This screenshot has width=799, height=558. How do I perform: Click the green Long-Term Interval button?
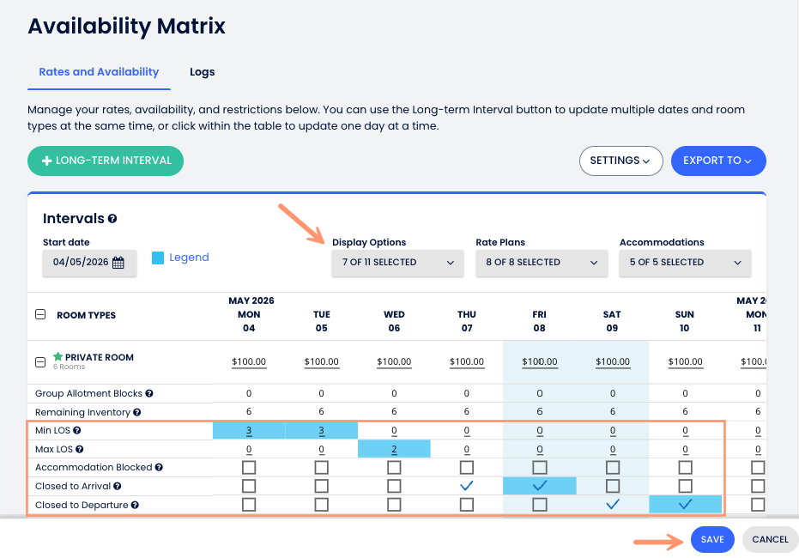pos(106,161)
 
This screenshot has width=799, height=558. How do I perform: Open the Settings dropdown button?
pos(620,161)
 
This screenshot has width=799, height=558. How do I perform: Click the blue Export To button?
pos(717,161)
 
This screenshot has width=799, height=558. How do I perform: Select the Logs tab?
pos(203,72)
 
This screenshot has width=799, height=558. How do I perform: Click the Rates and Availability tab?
pos(99,72)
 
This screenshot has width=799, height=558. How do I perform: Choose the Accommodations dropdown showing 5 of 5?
pos(685,263)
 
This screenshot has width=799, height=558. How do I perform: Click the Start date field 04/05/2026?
pos(88,263)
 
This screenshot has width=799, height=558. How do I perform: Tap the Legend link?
pos(189,258)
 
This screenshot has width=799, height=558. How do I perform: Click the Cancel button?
pos(770,540)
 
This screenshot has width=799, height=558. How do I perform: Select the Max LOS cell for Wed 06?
pos(394,449)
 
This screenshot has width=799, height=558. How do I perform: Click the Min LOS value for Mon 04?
pos(249,430)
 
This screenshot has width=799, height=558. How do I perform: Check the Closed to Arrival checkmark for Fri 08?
pos(539,486)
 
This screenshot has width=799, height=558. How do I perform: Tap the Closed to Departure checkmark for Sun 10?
pos(685,505)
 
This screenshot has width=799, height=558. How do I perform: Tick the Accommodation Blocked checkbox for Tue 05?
pos(322,468)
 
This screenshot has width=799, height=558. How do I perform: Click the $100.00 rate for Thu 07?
pos(467,362)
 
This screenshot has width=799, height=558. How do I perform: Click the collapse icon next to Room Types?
pos(40,315)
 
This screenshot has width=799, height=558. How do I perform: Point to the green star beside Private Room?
pos(58,357)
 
